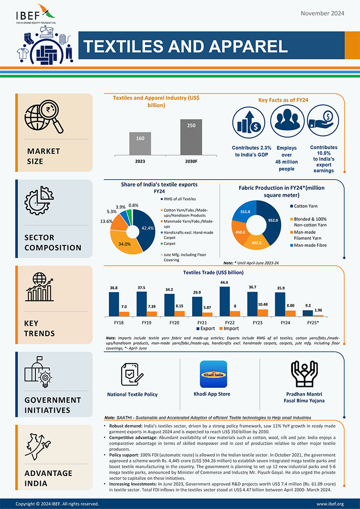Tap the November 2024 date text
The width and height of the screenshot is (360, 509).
[322, 13]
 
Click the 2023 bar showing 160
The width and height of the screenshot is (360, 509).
[141, 143]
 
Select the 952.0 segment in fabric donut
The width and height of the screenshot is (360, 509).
[271, 221]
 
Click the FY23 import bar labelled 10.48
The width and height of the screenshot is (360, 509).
[262, 313]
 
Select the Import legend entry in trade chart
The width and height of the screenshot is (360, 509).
[229, 328]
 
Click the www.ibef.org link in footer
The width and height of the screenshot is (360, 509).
[330, 504]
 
